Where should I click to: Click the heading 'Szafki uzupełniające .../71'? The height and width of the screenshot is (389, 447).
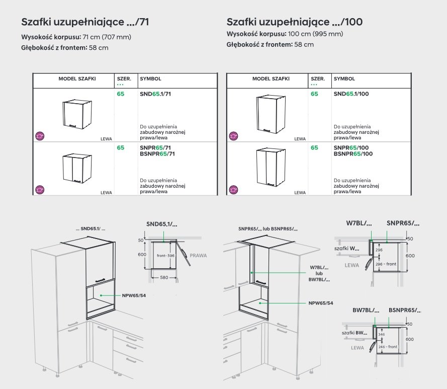point(85,22)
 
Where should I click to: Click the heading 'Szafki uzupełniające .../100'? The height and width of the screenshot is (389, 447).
point(295,22)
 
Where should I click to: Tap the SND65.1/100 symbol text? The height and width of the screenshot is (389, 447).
point(351,94)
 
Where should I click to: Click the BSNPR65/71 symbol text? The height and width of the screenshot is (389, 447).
point(157,153)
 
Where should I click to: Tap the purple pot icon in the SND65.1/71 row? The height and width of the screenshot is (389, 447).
point(40,135)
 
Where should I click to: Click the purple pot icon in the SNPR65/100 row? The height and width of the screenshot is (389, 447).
point(233,190)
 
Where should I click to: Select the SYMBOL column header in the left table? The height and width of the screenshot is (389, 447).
point(150,79)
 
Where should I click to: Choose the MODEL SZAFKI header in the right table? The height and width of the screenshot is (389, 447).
point(271,79)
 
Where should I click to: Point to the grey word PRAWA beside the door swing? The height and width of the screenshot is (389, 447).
point(199,256)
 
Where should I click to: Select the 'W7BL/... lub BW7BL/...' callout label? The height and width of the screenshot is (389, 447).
point(319,273)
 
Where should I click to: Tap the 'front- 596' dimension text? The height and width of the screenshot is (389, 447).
point(165,256)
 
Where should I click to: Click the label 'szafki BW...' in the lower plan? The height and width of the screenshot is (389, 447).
point(354,333)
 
